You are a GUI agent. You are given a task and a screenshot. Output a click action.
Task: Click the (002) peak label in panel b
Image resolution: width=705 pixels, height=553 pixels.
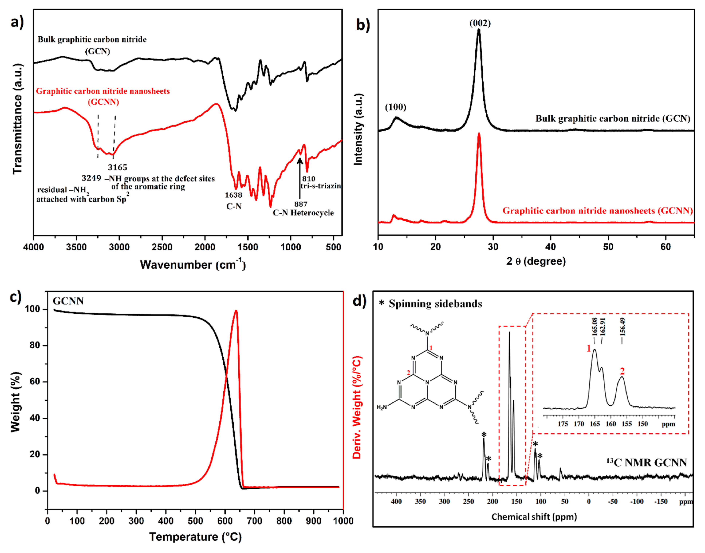[480, 23]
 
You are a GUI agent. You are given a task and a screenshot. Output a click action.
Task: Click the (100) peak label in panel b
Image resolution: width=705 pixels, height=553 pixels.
[395, 107]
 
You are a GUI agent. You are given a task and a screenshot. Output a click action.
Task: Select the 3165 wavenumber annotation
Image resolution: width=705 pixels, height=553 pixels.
[117, 167]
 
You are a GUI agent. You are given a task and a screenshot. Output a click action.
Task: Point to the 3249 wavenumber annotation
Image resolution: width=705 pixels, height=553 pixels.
[91, 178]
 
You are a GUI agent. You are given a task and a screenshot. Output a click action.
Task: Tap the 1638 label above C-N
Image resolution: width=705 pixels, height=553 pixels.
[233, 195]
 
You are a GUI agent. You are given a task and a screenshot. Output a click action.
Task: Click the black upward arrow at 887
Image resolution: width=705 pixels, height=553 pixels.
[300, 178]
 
